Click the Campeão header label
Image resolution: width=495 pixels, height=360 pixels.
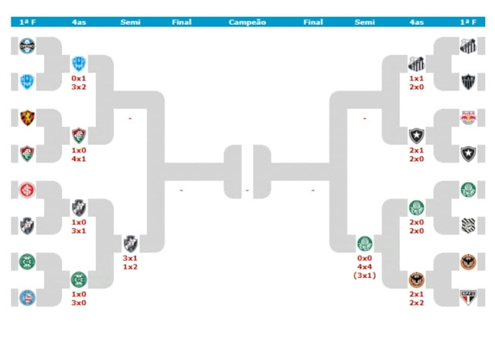coord(247,22)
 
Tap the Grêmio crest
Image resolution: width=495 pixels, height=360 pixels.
coord(28,46)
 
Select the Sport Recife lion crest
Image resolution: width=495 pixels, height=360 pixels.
coord(28,118)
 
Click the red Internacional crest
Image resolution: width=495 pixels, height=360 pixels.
coord(28,190)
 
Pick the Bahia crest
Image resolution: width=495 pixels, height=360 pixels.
coord(28,296)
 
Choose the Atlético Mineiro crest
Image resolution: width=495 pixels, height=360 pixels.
coord(468,81)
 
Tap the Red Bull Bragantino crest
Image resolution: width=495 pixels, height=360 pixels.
coord(468,118)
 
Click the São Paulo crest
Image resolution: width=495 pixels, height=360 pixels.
coord(468,296)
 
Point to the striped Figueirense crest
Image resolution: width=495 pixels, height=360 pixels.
coord(468,225)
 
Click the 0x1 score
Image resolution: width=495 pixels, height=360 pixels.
coord(78,79)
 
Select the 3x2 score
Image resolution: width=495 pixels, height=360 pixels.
coord(78,87)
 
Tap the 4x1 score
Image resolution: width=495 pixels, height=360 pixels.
coord(78,159)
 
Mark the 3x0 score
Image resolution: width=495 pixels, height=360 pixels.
coord(78,303)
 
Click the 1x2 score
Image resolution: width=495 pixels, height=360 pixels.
coord(131,267)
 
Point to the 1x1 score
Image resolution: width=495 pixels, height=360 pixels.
coord(416,79)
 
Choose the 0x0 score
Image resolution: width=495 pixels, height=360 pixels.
coord(364,258)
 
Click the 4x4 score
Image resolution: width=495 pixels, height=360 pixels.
coord(364,266)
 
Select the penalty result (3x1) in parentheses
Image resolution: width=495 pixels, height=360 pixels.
coord(364,276)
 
